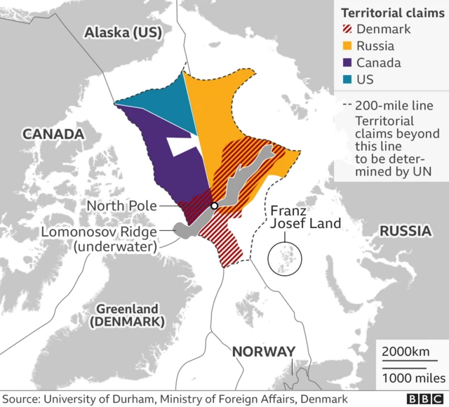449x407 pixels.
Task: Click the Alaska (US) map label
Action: (x=122, y=32)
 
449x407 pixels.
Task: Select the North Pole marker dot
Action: (x=214, y=206)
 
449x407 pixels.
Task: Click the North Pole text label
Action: (x=121, y=206)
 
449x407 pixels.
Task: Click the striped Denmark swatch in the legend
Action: (x=347, y=29)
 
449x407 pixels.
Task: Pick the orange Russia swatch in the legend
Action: (x=347, y=46)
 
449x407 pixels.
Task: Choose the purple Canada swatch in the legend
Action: (x=347, y=63)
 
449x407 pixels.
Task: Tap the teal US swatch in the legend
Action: (x=347, y=80)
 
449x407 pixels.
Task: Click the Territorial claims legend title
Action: (x=387, y=13)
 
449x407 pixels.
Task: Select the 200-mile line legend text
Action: (x=394, y=106)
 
